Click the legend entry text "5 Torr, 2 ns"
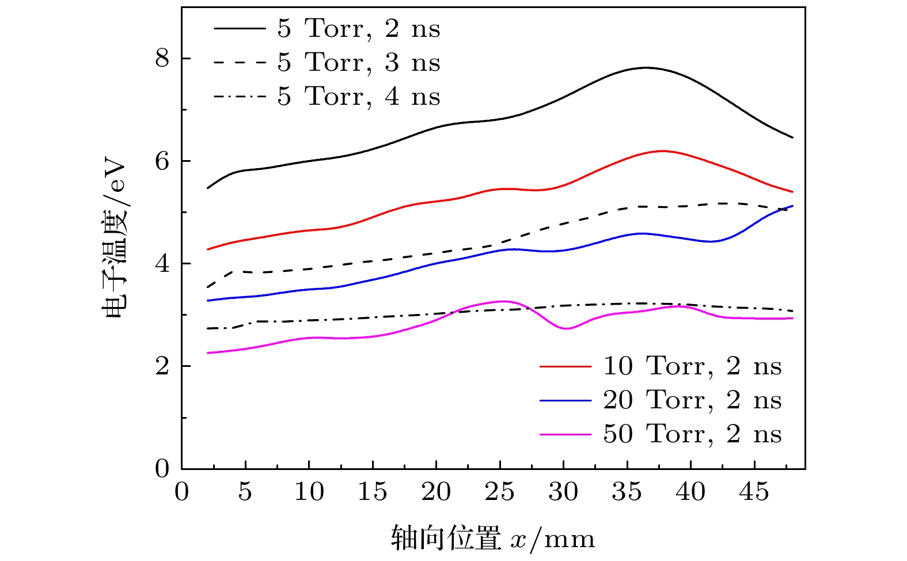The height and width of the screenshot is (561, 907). (358, 28)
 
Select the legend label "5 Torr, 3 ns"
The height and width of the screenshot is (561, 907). (358, 62)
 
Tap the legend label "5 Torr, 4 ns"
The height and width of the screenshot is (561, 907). (358, 96)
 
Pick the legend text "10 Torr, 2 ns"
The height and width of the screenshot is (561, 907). (692, 366)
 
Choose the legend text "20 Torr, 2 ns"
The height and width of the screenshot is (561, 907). (692, 400)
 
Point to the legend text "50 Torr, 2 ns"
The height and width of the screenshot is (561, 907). (692, 434)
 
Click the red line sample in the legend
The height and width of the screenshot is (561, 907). (565, 366)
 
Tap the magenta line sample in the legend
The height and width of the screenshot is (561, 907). (565, 434)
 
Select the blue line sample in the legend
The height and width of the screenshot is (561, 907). (565, 400)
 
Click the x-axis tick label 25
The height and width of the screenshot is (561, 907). (499, 492)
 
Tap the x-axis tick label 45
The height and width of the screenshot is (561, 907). (754, 492)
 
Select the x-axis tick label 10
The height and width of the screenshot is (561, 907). (309, 492)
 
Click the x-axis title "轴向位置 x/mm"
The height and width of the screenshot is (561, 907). (492, 539)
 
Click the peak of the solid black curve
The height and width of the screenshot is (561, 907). (646, 67)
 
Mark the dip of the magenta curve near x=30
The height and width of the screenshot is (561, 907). (566, 328)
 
